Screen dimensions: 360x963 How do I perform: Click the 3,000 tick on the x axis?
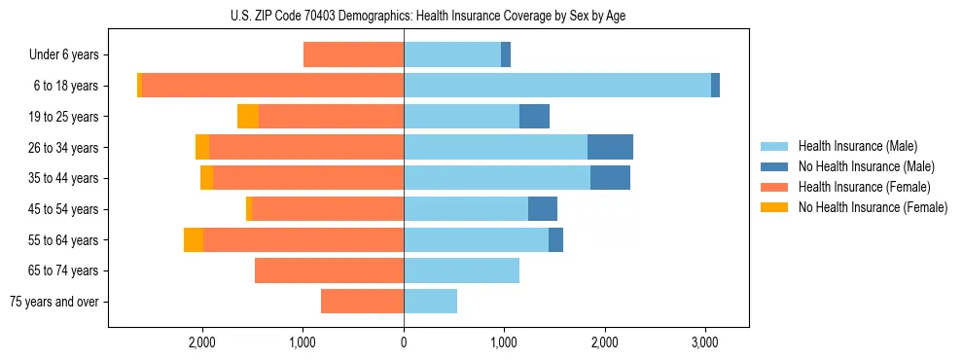[705, 342]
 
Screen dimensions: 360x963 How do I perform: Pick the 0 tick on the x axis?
[404, 342]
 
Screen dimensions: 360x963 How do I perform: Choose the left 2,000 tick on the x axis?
[202, 342]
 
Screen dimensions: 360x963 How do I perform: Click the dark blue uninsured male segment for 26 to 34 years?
[610, 147]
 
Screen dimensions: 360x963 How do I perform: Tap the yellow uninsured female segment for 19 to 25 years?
[248, 117]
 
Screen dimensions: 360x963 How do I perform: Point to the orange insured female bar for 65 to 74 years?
[329, 270]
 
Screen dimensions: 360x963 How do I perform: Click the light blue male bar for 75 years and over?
[430, 302]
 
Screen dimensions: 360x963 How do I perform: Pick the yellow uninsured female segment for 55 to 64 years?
[194, 239]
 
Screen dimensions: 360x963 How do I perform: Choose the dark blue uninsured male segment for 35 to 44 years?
[610, 178]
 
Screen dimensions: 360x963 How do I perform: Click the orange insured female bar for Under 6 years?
[353, 54]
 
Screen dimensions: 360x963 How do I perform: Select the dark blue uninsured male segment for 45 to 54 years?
[543, 209]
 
